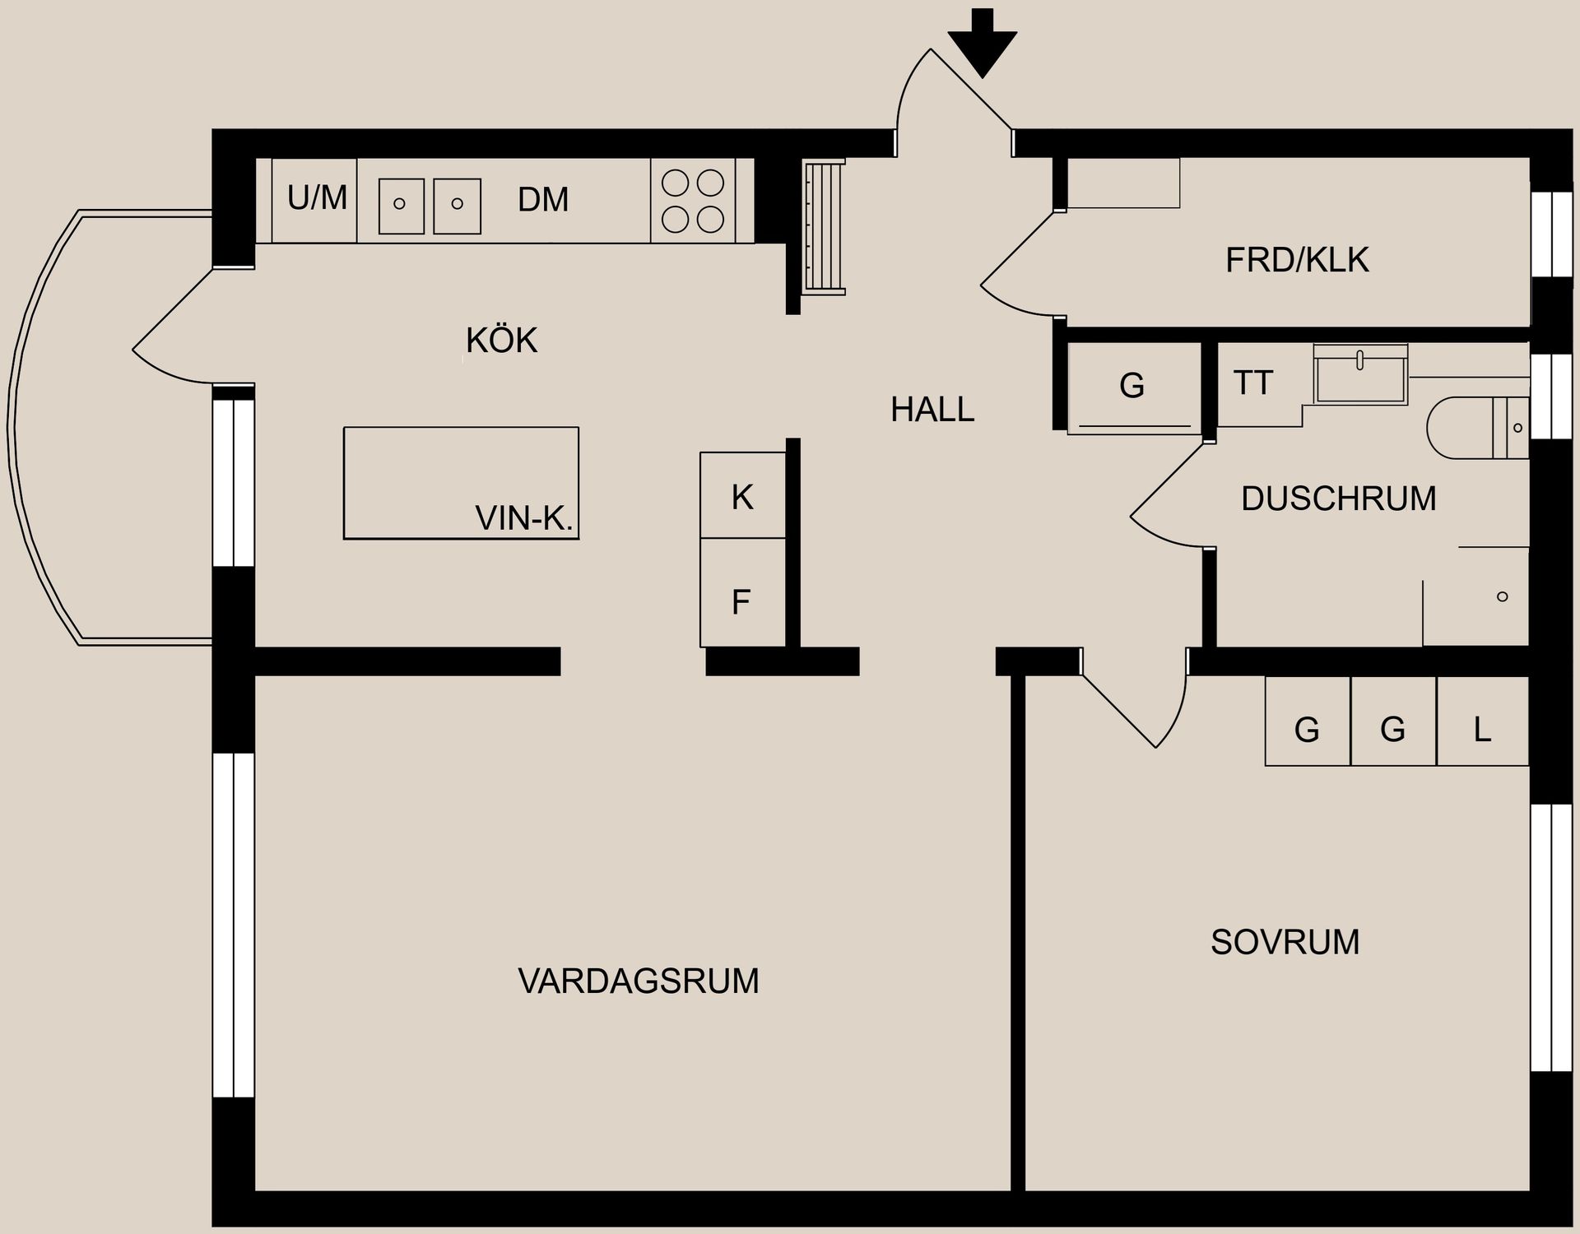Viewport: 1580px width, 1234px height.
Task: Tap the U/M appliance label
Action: coord(317,198)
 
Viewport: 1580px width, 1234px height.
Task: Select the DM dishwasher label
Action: coord(543,200)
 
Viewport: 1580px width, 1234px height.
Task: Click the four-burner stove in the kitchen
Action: coord(693,201)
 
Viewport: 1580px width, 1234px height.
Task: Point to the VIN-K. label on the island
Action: coord(523,518)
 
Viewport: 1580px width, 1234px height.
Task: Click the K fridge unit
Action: coord(742,497)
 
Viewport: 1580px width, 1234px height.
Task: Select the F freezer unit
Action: coord(741,602)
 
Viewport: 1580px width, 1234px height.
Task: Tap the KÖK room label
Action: coord(501,341)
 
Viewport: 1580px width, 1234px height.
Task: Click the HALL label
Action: coord(932,410)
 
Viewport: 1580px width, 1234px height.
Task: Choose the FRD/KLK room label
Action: coord(1297,260)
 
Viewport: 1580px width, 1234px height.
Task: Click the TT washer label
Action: coord(1253,383)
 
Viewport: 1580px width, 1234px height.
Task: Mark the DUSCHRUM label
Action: coord(1338,499)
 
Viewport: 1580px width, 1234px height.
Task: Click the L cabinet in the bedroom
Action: coord(1482,729)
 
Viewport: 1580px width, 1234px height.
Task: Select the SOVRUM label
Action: coord(1285,942)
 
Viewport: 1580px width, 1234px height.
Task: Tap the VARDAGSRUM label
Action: coord(638,981)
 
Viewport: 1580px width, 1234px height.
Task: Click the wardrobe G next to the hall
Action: coord(1132,385)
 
